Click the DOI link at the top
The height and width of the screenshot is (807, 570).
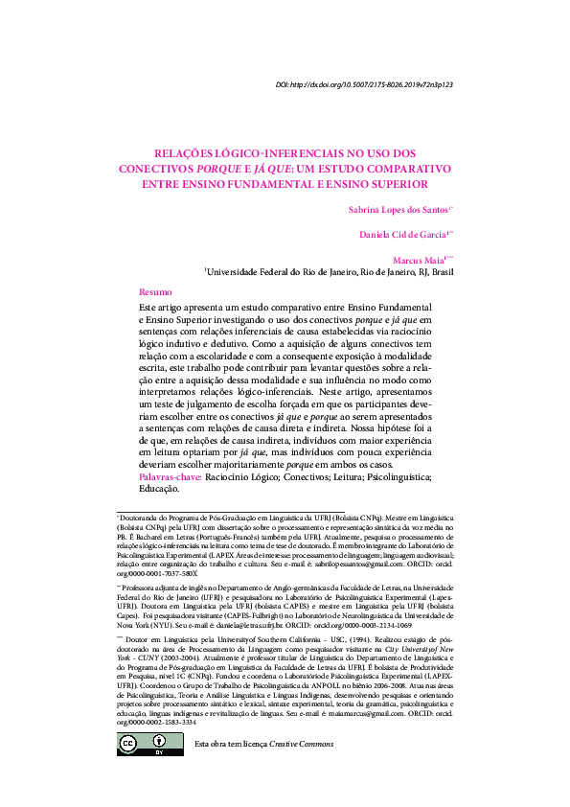pyautogui.click(x=364, y=85)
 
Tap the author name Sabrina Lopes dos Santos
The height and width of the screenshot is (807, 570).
pyautogui.click(x=396, y=209)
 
